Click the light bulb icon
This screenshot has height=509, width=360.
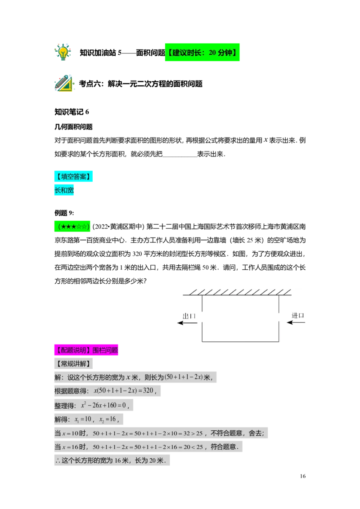click(x=63, y=52)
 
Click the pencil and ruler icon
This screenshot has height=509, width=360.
click(x=64, y=83)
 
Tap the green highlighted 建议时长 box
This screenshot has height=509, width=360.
click(x=202, y=52)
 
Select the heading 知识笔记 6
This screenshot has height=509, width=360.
click(x=72, y=112)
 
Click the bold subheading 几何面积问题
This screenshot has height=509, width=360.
click(x=73, y=127)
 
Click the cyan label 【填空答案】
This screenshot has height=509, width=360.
click(x=73, y=176)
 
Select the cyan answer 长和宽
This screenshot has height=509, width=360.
click(x=64, y=190)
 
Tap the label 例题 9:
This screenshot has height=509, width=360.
click(x=64, y=213)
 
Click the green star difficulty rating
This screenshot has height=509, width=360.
click(x=72, y=227)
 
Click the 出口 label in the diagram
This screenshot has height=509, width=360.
click(x=189, y=316)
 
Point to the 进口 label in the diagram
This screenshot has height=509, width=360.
click(x=297, y=315)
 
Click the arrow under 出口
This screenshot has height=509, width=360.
click(x=187, y=323)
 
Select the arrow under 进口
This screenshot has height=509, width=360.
click(x=296, y=322)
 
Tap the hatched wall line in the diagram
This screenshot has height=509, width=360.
click(x=237, y=292)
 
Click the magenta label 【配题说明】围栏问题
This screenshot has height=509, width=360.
click(x=86, y=350)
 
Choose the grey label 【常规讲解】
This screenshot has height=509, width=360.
click(x=73, y=364)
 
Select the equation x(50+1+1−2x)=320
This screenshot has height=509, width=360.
click(x=125, y=391)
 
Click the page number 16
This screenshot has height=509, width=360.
click(x=303, y=476)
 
